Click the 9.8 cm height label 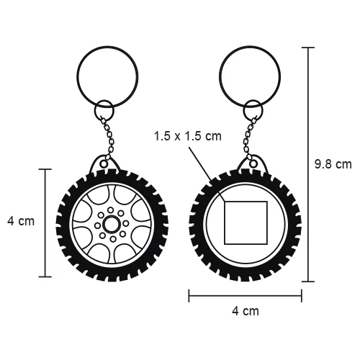pos(333,164)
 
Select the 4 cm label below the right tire pos(246,311)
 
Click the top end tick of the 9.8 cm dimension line pos(311,48)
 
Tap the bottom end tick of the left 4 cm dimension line pos(48,277)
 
